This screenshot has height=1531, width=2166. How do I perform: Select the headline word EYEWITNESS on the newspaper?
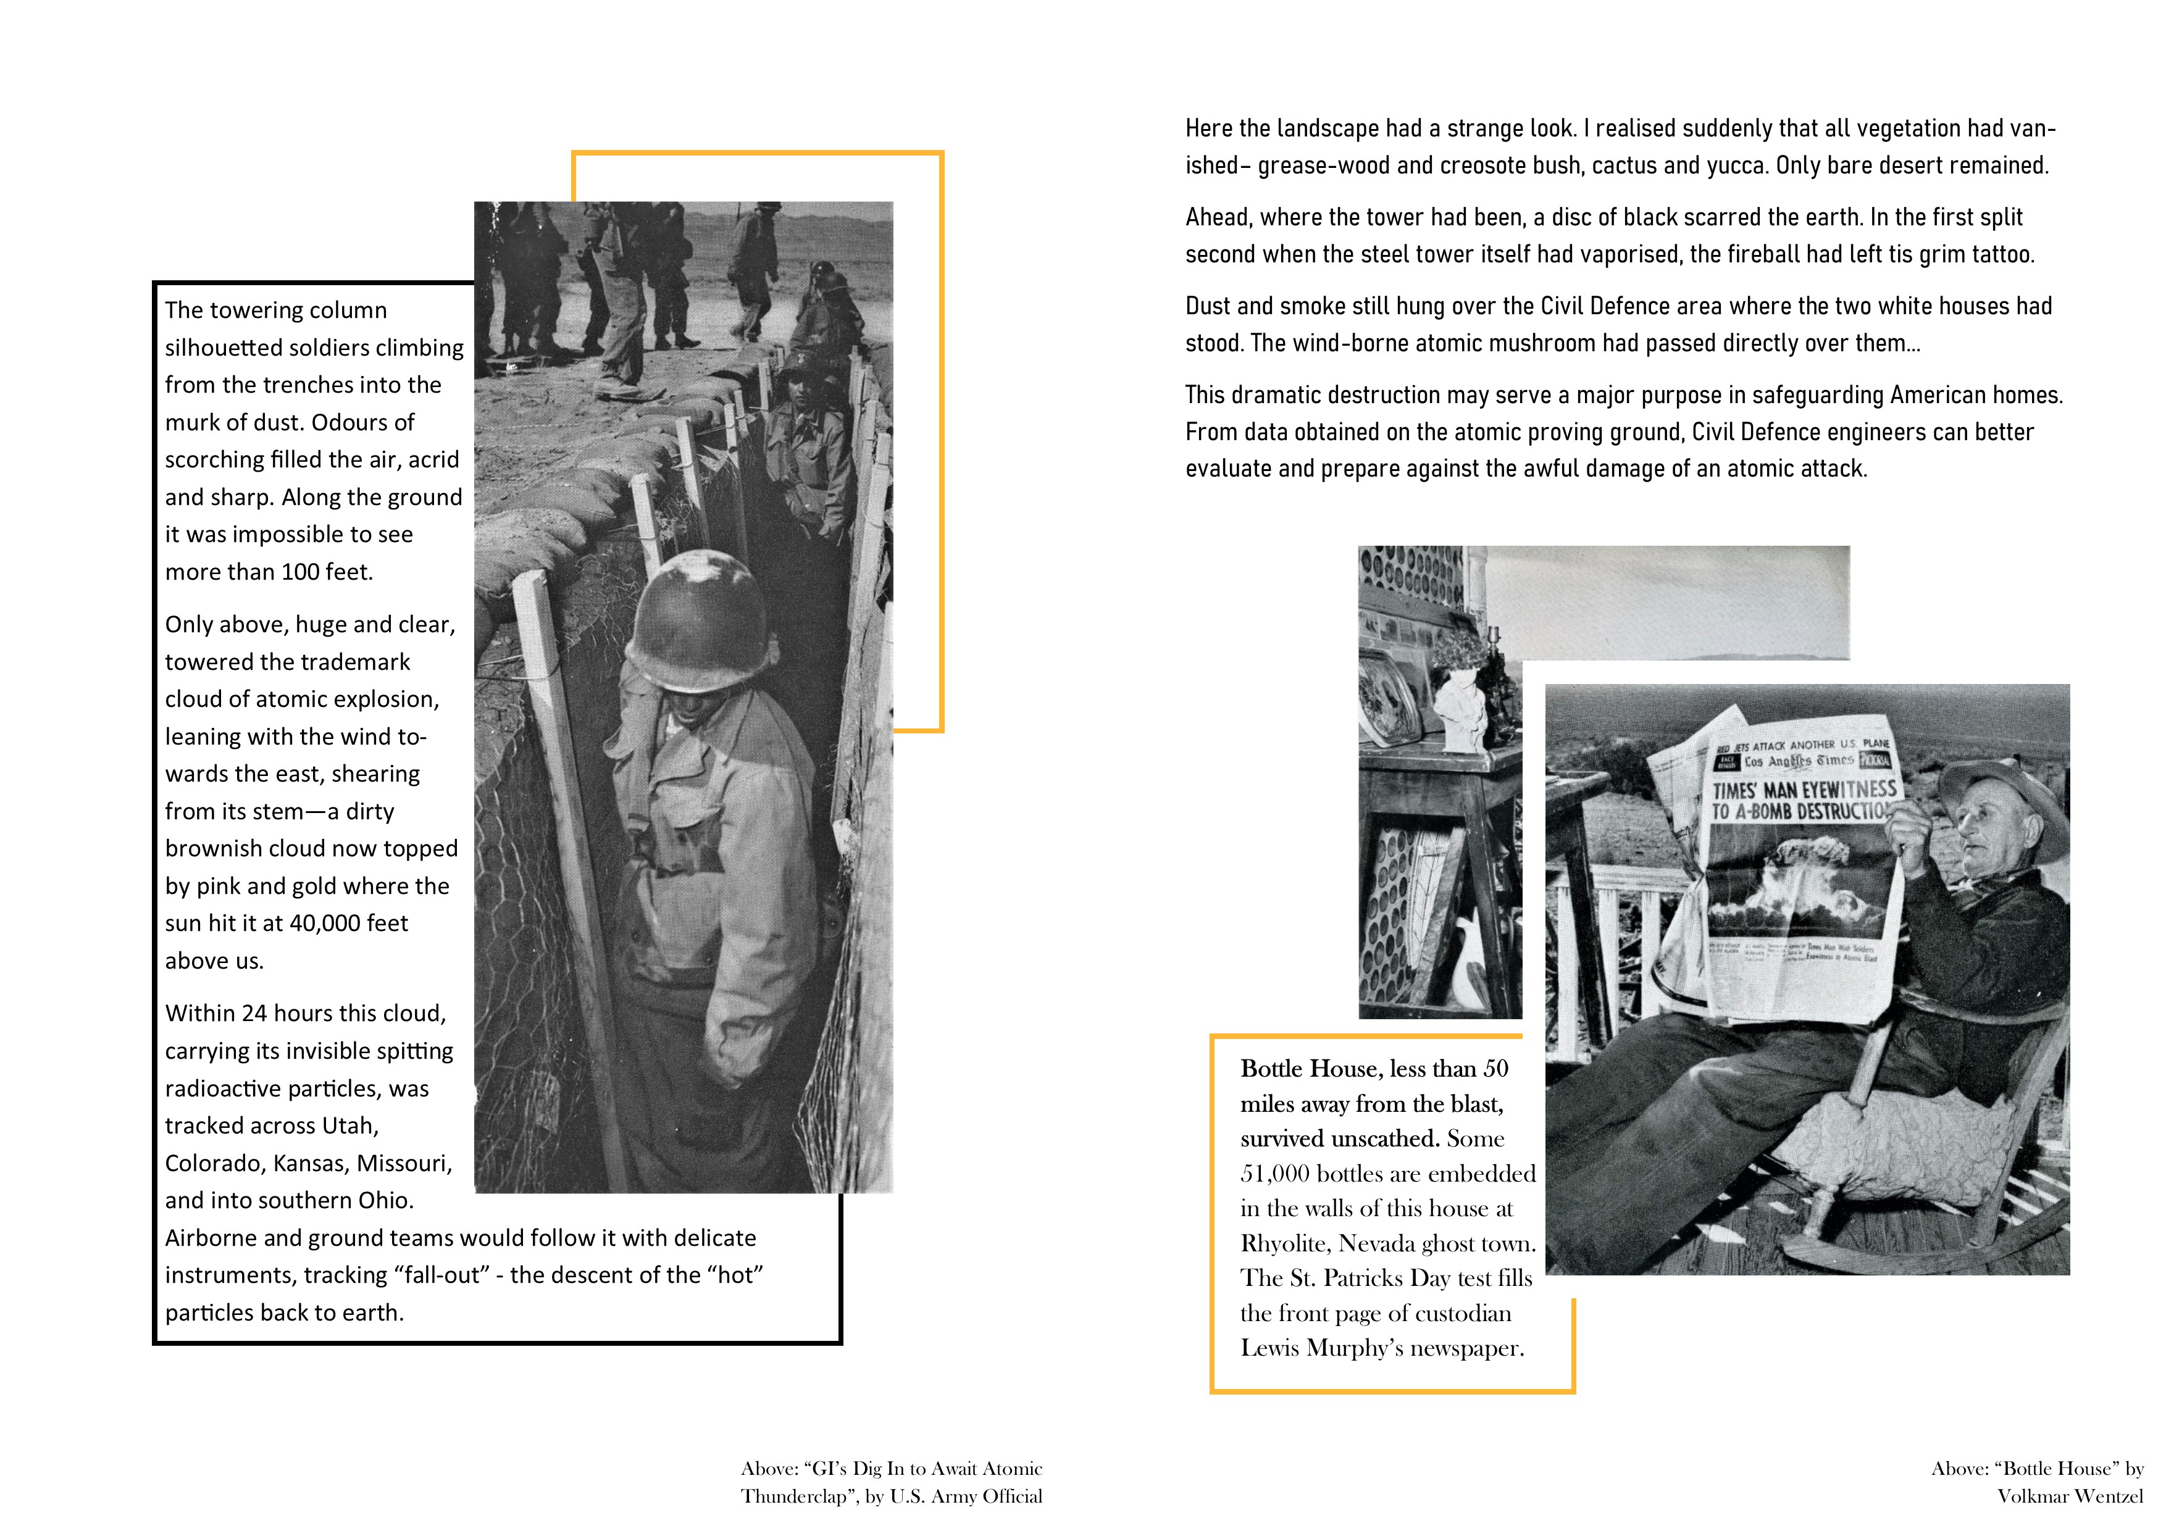coord(1848,788)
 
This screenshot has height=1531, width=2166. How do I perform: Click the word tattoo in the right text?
coord(1999,255)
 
